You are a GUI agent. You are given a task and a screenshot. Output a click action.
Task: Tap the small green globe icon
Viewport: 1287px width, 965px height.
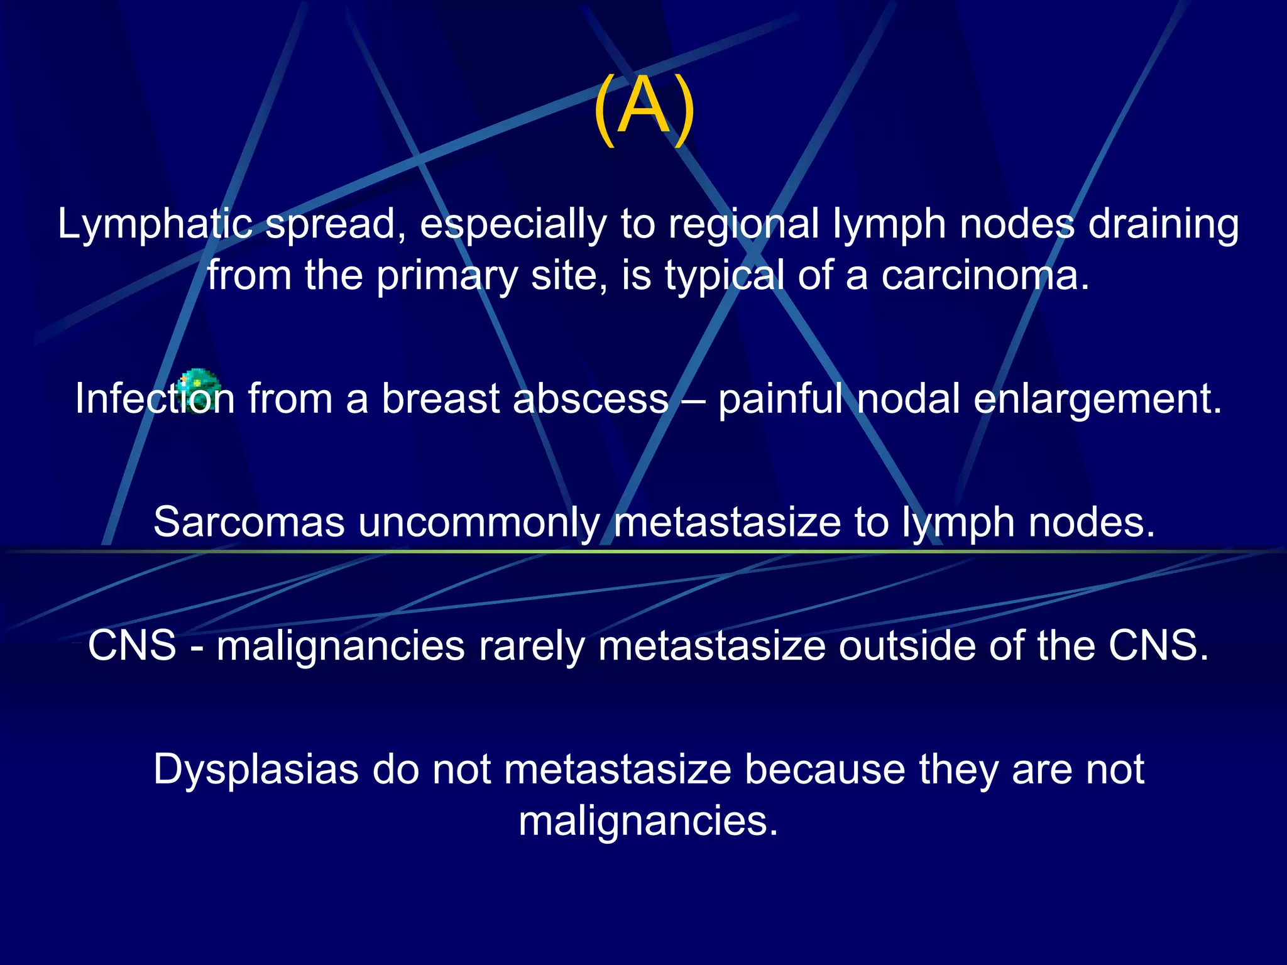pos(199,390)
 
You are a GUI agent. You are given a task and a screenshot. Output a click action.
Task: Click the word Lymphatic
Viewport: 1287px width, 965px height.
pos(155,224)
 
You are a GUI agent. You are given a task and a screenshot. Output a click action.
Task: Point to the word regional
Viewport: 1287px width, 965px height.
pos(743,225)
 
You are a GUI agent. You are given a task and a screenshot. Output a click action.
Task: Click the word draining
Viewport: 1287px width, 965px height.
pos(1163,225)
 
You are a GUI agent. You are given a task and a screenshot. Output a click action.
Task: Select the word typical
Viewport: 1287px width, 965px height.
pos(725,276)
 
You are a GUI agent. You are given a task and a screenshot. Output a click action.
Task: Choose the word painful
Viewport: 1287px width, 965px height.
pos(780,400)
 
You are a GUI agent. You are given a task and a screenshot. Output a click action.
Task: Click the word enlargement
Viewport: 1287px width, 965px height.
pos(1097,400)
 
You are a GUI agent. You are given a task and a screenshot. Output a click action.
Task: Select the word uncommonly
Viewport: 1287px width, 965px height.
pos(479,523)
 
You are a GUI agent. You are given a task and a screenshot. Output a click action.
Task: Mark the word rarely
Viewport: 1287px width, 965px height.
pos(531,646)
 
